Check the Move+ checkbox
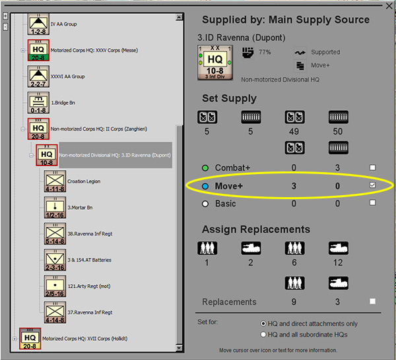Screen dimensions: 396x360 (373, 186)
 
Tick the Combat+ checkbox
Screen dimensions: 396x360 (373, 168)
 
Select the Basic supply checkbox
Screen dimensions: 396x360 (373, 203)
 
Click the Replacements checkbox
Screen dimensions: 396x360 (373, 301)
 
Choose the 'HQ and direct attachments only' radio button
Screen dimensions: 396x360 (263, 324)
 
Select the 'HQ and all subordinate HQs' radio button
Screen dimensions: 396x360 (263, 334)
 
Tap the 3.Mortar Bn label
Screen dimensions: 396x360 (80, 208)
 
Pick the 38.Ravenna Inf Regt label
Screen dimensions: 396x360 (89, 233)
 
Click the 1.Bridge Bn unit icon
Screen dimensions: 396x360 (37, 103)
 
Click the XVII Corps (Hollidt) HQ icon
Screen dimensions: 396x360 (30, 338)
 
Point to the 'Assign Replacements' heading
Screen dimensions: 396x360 (255, 229)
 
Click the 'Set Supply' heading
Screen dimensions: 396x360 (229, 99)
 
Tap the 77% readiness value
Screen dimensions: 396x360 (265, 51)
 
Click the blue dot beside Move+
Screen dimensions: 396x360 (205, 187)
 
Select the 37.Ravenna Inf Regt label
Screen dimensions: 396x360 (89, 313)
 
